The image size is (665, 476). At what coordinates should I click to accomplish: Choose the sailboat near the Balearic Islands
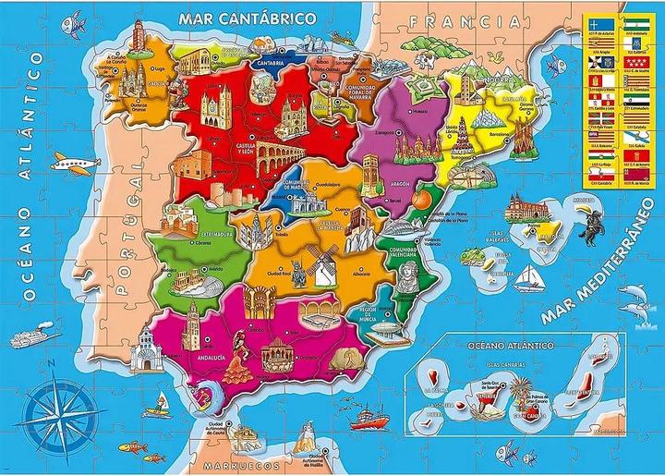tap(526, 277)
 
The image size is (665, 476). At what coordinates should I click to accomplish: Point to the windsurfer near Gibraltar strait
tap(165, 399)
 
